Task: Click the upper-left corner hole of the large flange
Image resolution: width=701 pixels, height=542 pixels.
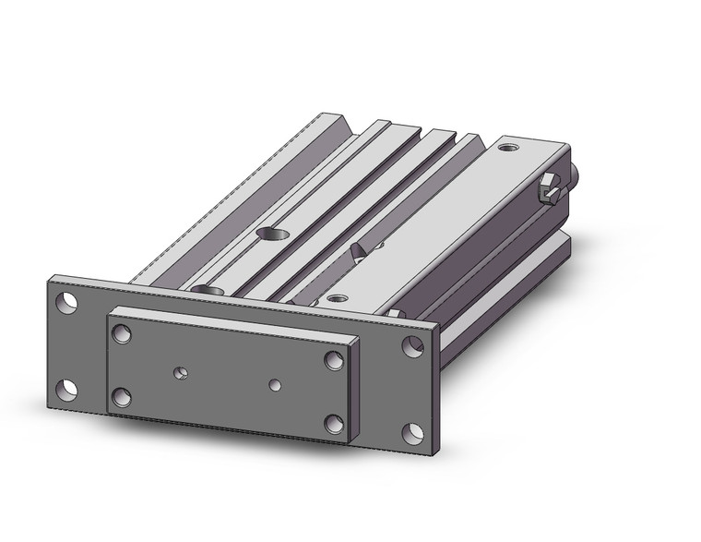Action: [66, 302]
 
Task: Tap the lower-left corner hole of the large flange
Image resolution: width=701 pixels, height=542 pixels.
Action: [66, 389]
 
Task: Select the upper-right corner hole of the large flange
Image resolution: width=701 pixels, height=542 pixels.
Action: [411, 347]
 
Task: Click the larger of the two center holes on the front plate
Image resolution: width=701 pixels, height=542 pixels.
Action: [182, 374]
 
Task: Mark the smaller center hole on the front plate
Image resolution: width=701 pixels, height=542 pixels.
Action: [273, 383]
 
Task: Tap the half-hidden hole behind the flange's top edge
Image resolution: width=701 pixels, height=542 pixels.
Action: [210, 291]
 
